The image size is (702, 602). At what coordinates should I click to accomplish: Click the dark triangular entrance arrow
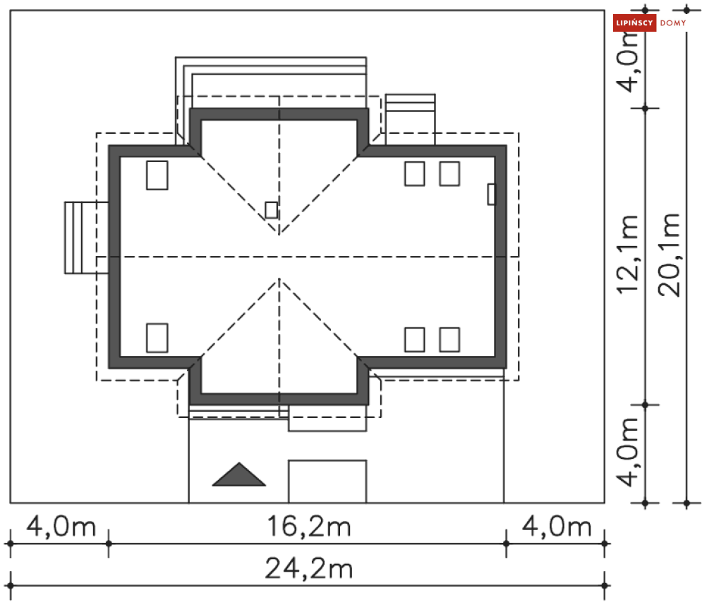(x=239, y=475)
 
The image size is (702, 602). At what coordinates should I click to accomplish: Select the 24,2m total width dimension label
(x=309, y=568)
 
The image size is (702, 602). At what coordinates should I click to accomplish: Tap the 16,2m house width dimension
(x=309, y=526)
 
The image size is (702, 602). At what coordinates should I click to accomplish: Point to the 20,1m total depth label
(x=669, y=254)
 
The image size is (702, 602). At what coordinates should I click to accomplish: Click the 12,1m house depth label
(x=627, y=254)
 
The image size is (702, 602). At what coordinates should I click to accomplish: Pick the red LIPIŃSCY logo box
(x=634, y=23)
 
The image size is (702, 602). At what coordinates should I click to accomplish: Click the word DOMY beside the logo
(x=673, y=23)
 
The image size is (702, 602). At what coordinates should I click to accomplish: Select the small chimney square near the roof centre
(x=271, y=210)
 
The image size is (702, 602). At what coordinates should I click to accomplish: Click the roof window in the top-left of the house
(x=157, y=176)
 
